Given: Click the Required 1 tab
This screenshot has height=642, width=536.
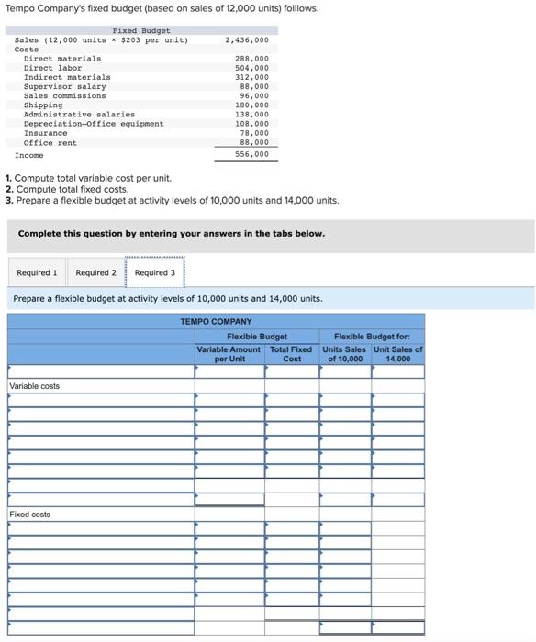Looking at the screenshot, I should pos(37,272).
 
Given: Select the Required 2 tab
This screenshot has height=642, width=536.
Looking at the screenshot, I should pos(95,272).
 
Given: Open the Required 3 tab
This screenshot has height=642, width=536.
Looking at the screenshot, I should pos(154,272).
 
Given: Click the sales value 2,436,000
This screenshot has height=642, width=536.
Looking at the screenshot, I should pos(247,40).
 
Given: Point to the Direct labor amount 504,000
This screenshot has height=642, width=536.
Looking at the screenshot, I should pos(251,68).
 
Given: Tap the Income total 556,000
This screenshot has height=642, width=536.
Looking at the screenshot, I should pos(251,154).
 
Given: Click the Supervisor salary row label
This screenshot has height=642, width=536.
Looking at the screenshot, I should pos(58,86).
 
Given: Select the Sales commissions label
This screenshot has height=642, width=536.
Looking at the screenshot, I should pos(64,95).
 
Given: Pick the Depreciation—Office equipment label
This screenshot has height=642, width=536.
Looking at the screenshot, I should pos(94,124).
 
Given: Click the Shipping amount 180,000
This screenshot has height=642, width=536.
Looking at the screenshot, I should pos(251,105).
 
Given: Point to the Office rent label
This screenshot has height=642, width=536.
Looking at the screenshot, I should pos(50,143).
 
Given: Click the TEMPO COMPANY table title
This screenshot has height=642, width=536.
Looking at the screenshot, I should pos(216,322).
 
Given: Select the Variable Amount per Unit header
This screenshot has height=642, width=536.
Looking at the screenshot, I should pos(229,354).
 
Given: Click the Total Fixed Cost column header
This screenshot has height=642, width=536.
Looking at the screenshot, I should pos(291,354).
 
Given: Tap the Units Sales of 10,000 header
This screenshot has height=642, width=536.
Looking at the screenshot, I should pos(344,354).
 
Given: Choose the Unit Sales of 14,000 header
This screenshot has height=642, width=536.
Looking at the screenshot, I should pos(398,354).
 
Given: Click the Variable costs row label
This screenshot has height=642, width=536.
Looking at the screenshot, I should pos(34,386).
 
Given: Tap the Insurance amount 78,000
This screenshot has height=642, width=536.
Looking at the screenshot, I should pos(253,134).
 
